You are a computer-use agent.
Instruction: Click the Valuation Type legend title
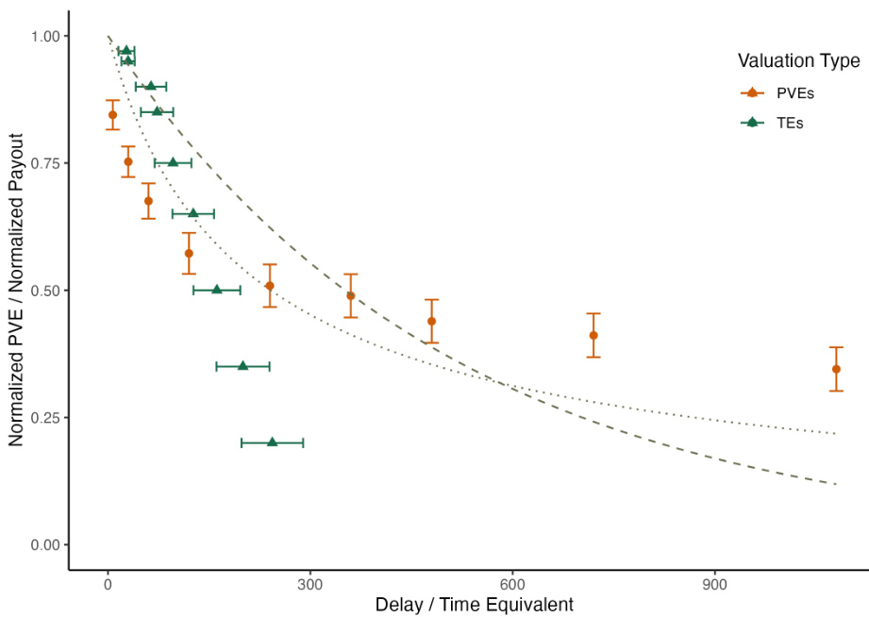pyautogui.click(x=798, y=61)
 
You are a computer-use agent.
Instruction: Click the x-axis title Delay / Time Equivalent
pyautogui.click(x=474, y=605)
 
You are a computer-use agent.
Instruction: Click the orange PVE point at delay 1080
pyautogui.click(x=836, y=369)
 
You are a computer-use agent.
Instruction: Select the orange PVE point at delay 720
pyautogui.click(x=593, y=335)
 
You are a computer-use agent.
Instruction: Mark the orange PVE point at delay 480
pyautogui.click(x=431, y=321)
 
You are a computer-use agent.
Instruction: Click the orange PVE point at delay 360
pyautogui.click(x=351, y=295)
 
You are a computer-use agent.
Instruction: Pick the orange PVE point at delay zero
pyautogui.click(x=112, y=115)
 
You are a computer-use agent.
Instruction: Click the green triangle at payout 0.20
pyautogui.click(x=273, y=442)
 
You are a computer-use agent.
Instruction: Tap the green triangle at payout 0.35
pyautogui.click(x=242, y=365)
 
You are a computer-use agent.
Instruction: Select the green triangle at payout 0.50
pyautogui.click(x=217, y=290)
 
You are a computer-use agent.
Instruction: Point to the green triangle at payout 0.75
pyautogui.click(x=173, y=162)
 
